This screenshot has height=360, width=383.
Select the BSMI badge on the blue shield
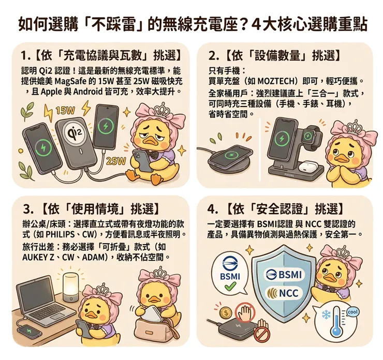pyautogui.click(x=284, y=275)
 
